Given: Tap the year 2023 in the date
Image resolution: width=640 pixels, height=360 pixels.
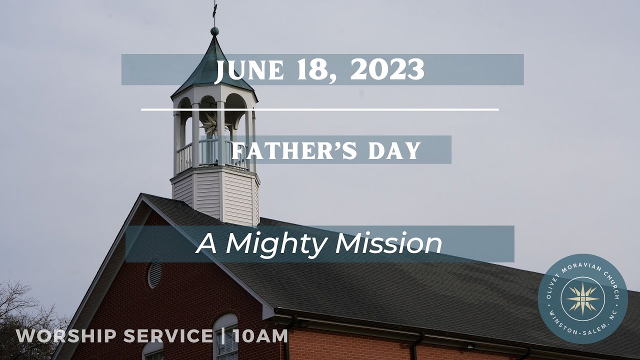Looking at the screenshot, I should tap(386, 70).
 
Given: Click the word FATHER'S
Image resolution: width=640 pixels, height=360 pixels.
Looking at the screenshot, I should tap(294, 150).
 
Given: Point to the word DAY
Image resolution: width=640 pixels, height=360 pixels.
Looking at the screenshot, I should tap(394, 150).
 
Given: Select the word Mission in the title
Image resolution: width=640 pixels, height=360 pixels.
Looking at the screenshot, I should tap(388, 244).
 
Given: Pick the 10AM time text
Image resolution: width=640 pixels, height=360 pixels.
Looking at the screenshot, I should tap(260, 336).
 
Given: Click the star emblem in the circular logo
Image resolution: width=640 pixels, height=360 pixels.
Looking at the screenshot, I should tap(582, 299).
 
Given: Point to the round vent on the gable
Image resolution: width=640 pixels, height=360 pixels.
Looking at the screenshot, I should tap(154, 274).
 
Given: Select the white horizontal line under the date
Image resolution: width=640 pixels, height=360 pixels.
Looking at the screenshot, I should tap(320, 109).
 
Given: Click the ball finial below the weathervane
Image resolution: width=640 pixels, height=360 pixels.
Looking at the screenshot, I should tap(214, 31).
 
